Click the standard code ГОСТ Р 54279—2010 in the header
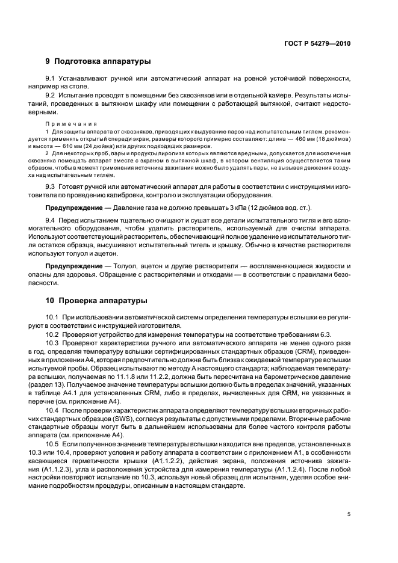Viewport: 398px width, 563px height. pos(318,44)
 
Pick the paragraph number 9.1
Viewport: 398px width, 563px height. pos(51,79)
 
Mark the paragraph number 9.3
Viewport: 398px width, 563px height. pos(51,186)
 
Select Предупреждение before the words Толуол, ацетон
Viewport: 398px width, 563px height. pos(72,266)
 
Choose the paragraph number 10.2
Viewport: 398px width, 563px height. pos(52,334)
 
